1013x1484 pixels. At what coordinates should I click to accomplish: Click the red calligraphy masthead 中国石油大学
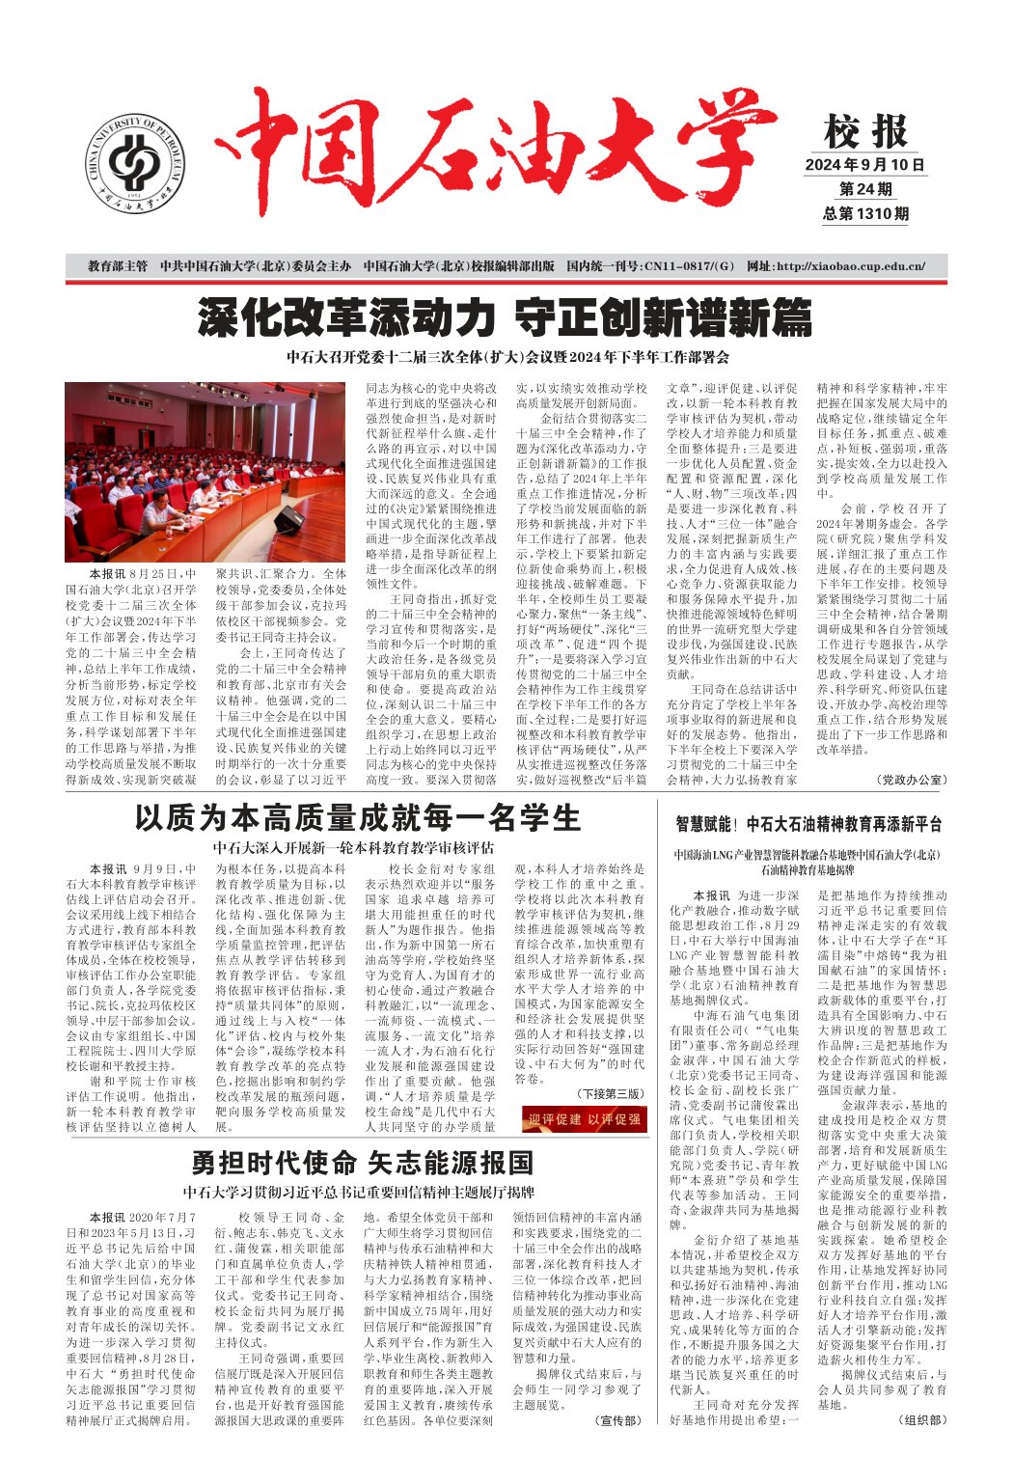pos(492,155)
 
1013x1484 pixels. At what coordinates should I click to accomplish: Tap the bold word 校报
pos(865,133)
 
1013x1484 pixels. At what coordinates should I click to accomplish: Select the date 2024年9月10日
pos(865,165)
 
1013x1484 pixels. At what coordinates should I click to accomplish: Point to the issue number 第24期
pos(865,189)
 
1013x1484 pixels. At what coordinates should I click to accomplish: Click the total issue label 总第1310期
pos(865,213)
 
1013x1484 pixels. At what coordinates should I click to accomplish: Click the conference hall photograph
pos(204,471)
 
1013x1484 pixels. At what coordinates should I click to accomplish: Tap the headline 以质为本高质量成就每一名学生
pos(357,818)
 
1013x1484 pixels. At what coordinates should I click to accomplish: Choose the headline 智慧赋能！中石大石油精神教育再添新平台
pos(808,824)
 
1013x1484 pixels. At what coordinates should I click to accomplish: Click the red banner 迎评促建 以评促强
pos(585,1119)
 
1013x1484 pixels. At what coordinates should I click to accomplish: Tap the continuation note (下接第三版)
pos(609,1093)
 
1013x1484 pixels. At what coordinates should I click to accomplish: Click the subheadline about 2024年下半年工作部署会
pos(507,357)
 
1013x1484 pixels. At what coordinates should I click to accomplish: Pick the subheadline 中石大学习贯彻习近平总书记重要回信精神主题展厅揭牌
pos(359,1192)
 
